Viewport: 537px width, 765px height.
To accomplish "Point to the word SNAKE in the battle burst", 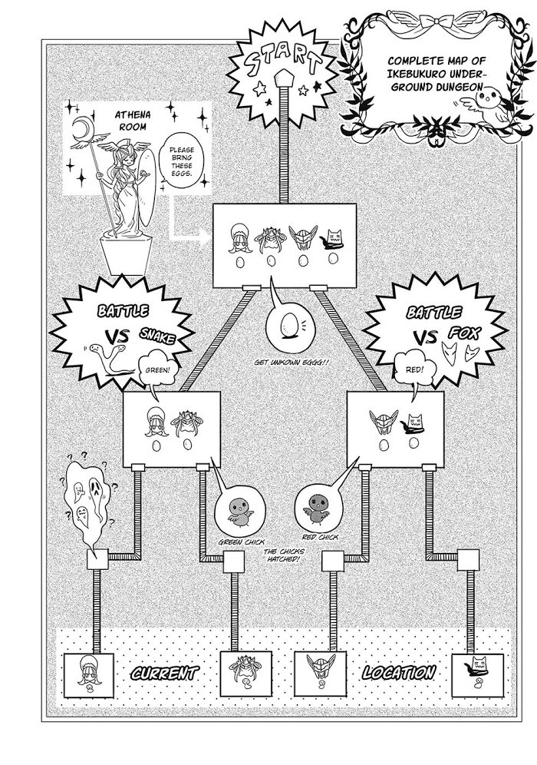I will point(158,335).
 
